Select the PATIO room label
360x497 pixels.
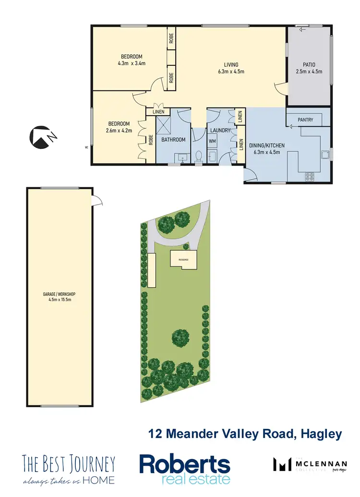(x=309, y=65)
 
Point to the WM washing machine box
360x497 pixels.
(x=212, y=142)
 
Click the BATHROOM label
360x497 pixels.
(x=173, y=140)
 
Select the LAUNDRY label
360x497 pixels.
(x=220, y=131)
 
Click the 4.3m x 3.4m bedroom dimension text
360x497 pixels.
(x=131, y=63)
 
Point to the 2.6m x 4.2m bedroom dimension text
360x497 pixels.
(x=119, y=130)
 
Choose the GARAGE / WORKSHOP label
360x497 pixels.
(x=60, y=294)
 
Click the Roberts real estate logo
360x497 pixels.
(x=184, y=469)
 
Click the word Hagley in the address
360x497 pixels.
(x=321, y=434)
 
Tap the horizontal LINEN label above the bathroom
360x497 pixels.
(x=158, y=112)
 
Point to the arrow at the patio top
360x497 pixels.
(x=302, y=30)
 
